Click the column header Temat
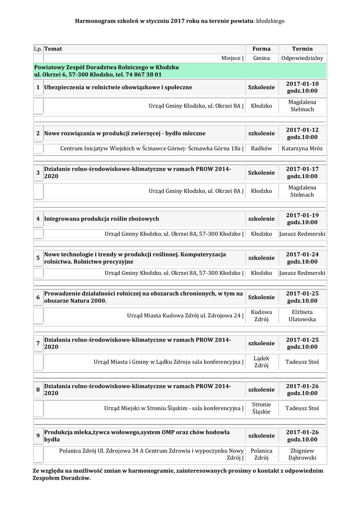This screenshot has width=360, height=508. pyautogui.click(x=53, y=49)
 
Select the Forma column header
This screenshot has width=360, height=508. pyautogui.click(x=261, y=49)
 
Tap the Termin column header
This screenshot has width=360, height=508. pyautogui.click(x=302, y=49)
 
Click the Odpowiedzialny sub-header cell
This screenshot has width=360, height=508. pyautogui.click(x=302, y=58)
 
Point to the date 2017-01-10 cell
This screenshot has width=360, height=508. pyautogui.click(x=302, y=87)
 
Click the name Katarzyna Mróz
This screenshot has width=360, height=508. pyautogui.click(x=302, y=148)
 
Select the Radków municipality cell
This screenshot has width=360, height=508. pyautogui.click(x=261, y=148)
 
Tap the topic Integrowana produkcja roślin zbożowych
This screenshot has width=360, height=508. pyautogui.click(x=102, y=219)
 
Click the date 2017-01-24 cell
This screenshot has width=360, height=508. pyautogui.click(x=302, y=258)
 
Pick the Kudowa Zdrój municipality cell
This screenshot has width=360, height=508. pyautogui.click(x=261, y=316)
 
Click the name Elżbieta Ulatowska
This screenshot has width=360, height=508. pyautogui.click(x=302, y=316)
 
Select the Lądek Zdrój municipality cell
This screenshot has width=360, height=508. pyautogui.click(x=261, y=362)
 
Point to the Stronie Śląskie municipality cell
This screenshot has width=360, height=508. pyautogui.click(x=261, y=408)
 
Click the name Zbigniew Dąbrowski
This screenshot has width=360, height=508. pyautogui.click(x=302, y=454)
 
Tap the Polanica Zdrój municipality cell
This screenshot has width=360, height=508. pyautogui.click(x=261, y=454)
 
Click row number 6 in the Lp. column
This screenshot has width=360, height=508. pyautogui.click(x=38, y=297)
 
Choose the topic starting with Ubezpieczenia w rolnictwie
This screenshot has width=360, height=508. pyautogui.click(x=118, y=87)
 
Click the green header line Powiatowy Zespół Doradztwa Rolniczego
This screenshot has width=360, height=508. pyautogui.click(x=106, y=67)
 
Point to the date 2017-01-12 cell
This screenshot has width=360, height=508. pyautogui.click(x=302, y=133)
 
